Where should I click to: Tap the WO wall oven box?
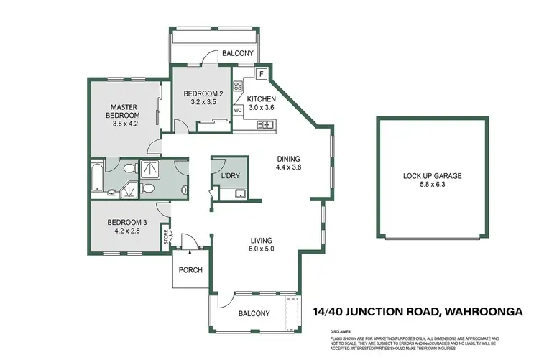click(238, 111)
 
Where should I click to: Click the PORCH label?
click(191, 270)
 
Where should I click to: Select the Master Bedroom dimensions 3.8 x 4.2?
click(124, 123)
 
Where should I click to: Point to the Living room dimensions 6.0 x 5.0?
click(261, 249)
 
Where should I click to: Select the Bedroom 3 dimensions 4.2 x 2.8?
click(124, 231)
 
